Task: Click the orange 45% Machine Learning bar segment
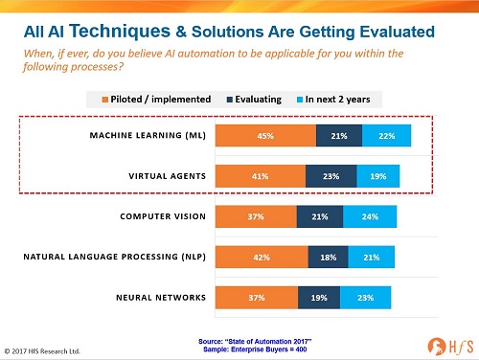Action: [265, 136]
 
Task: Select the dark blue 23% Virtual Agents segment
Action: [331, 176]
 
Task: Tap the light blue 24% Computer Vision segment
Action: [370, 216]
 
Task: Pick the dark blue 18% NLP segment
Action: [329, 257]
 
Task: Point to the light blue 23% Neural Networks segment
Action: [365, 298]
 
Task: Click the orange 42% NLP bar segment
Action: [262, 257]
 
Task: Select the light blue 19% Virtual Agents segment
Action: [378, 176]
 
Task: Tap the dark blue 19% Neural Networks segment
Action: [319, 298]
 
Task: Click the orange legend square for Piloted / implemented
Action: [104, 100]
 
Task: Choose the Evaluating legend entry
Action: [254, 100]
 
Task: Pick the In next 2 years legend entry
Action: [333, 100]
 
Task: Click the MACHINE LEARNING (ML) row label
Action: [148, 135]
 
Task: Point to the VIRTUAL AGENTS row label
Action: [168, 176]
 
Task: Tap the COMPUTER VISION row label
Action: [163, 216]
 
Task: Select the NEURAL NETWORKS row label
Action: [161, 298]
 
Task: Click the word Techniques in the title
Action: [120, 32]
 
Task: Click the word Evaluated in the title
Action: [398, 32]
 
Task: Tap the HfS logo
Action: [450, 347]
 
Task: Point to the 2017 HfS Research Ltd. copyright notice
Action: [42, 351]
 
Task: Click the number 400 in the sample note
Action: [301, 349]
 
